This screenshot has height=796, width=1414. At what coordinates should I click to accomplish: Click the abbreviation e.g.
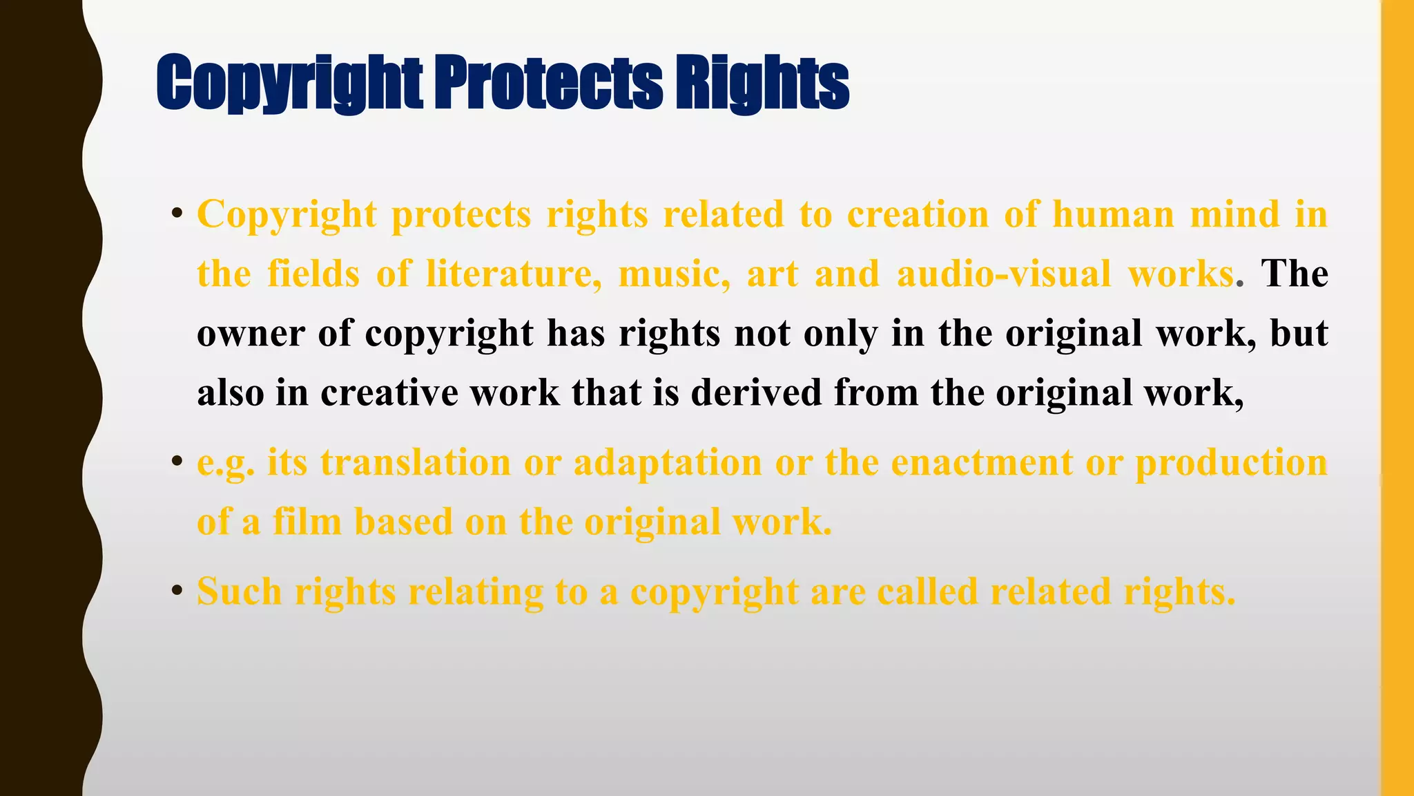coord(226,463)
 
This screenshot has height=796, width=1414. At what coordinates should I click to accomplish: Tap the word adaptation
coord(668,462)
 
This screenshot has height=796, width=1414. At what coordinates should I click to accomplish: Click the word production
coord(1231,464)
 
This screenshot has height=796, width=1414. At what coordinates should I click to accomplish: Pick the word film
coord(307,522)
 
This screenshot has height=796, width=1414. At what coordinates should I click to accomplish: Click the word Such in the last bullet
coord(240,591)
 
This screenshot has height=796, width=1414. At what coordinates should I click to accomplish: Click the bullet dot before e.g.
coord(177,461)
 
